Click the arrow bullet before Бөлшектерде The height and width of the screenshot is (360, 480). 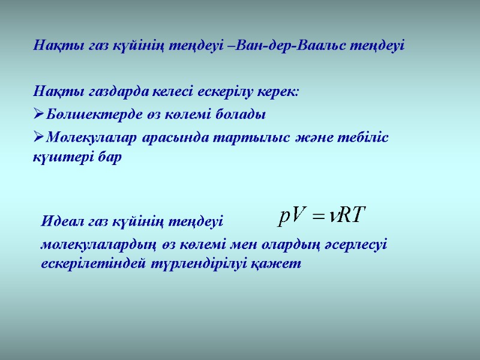coord(38,114)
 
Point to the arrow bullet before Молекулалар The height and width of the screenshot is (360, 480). coord(38,137)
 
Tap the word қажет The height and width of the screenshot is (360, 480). coord(280,264)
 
